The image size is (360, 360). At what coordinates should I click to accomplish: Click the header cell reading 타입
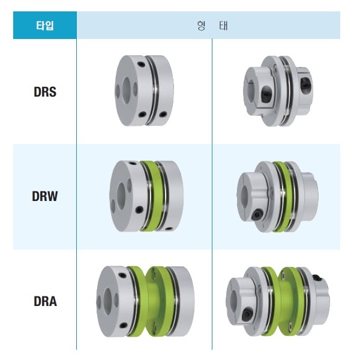(45, 25)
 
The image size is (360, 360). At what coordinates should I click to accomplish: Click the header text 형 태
(212, 25)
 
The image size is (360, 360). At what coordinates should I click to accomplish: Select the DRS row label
(45, 92)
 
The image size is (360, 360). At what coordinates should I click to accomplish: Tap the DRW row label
(45, 196)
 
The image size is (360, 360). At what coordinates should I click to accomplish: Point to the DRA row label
(45, 301)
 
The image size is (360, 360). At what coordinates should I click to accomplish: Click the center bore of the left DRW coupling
(121, 193)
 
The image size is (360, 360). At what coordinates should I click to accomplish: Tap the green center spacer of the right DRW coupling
(281, 197)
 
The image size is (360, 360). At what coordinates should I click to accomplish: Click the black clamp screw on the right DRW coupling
(257, 214)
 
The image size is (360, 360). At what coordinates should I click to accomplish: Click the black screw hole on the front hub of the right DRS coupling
(266, 93)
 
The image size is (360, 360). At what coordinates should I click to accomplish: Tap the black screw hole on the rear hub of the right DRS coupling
(305, 84)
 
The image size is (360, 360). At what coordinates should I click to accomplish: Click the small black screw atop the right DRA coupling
(317, 278)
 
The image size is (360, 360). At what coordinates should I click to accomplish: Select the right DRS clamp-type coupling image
(278, 91)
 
